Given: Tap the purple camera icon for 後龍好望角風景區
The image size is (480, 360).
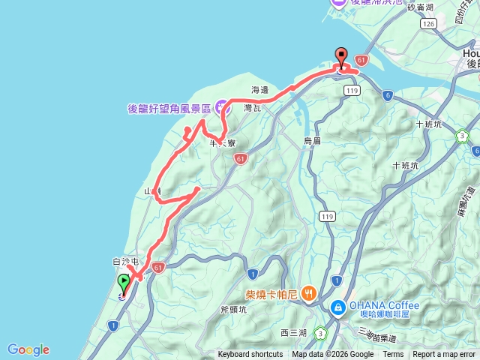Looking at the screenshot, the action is point(223,107).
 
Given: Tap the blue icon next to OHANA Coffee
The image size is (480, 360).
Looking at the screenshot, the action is point(338,306).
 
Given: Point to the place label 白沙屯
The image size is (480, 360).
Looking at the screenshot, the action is point(126,262).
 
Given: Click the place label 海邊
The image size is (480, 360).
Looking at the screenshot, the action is point(259,90).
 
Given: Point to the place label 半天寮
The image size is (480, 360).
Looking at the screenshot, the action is point(223,142).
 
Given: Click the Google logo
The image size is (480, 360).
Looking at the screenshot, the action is point(28,349).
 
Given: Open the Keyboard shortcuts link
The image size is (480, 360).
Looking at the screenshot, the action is point(250,355).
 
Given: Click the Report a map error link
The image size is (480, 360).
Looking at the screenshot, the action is point(445,355).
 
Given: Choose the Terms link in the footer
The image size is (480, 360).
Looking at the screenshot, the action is point(393,355).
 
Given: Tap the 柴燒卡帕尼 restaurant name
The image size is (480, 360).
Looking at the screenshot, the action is point(272,295).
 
